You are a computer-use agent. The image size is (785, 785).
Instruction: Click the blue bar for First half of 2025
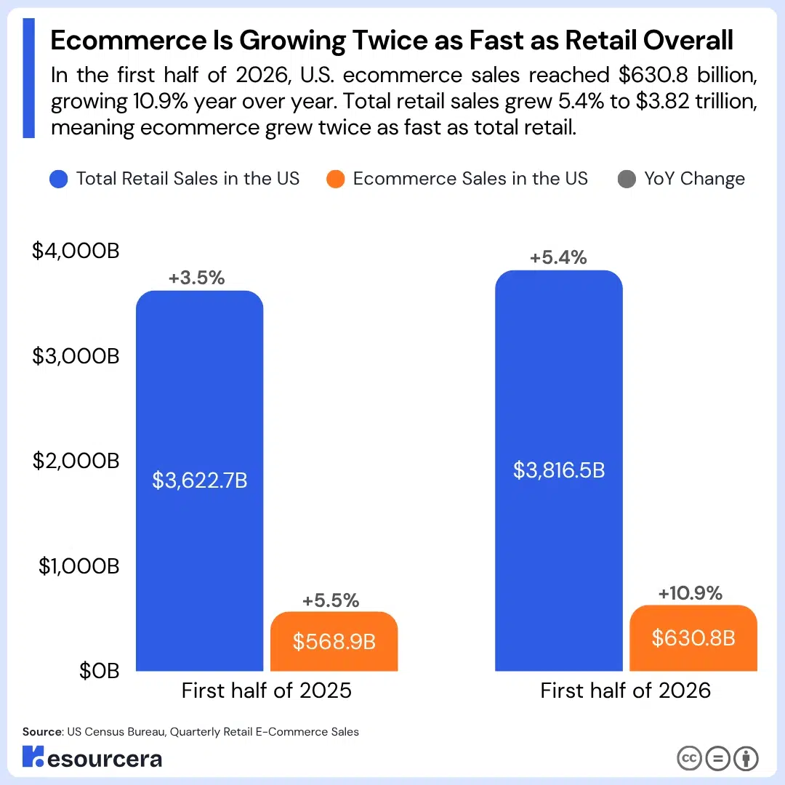(x=199, y=480)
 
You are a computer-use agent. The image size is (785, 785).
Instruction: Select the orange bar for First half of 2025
(x=334, y=641)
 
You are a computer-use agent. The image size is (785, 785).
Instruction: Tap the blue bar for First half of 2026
(x=559, y=470)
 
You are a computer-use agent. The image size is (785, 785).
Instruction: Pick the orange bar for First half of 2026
(x=693, y=638)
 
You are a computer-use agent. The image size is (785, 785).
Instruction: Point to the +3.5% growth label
(x=196, y=278)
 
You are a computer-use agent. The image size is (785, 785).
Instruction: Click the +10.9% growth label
(x=690, y=593)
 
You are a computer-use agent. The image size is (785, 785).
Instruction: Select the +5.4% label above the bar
(x=558, y=257)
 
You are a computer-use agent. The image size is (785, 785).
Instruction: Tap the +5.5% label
(x=331, y=600)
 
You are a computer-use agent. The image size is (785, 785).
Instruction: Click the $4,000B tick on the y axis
(x=76, y=251)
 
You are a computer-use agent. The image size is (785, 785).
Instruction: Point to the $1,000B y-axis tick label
(x=79, y=566)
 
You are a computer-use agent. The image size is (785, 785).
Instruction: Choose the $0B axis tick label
(x=99, y=671)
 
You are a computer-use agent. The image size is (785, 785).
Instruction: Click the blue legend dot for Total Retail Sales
(x=59, y=179)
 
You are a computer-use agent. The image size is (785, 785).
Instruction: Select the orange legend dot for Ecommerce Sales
(x=335, y=179)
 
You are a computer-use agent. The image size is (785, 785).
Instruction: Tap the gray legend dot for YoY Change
(x=627, y=179)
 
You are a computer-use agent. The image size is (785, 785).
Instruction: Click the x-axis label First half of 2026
(x=625, y=691)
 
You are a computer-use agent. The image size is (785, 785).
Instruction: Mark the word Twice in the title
(x=390, y=41)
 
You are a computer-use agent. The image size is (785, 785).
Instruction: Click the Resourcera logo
(x=92, y=757)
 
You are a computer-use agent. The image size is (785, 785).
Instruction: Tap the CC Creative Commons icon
(x=689, y=758)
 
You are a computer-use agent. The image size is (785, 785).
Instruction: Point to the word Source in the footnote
(x=42, y=732)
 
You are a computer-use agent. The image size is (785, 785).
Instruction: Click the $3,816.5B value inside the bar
(x=559, y=470)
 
